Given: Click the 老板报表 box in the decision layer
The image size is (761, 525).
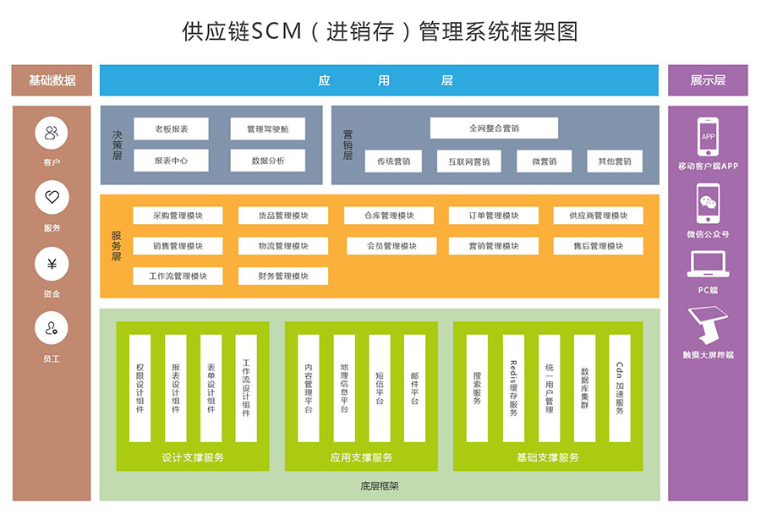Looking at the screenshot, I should (x=171, y=129).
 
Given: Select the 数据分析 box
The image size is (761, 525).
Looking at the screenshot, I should (x=267, y=161).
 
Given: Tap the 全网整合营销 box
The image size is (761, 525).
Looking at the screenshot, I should (x=494, y=129).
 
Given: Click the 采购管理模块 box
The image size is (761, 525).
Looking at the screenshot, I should (x=178, y=216).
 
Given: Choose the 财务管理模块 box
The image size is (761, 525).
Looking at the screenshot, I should (x=283, y=276).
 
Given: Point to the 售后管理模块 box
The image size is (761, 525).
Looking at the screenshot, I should (x=599, y=246).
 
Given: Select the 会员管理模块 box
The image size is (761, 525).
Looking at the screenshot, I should (x=391, y=246).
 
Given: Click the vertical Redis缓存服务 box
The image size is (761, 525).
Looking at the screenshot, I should (x=513, y=388).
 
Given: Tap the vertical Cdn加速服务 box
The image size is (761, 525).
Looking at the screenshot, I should (x=620, y=388).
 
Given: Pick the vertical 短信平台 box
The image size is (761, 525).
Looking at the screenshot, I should (x=380, y=388).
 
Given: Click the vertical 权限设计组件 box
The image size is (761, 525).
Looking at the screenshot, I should (x=140, y=388).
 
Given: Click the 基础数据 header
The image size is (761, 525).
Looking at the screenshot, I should (x=52, y=80).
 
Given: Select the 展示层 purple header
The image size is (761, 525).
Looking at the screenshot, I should (x=708, y=80).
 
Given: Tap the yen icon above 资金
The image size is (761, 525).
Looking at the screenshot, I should (x=52, y=264).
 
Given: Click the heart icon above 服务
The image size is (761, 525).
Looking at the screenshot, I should (x=52, y=198).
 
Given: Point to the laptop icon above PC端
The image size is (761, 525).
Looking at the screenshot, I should (x=708, y=265).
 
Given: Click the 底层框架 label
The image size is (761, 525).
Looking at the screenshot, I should (x=379, y=486).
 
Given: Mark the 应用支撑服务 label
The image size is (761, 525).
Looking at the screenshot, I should (x=361, y=457).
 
